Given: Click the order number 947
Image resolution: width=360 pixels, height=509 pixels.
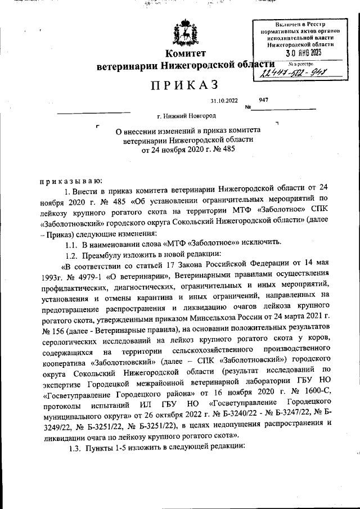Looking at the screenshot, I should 264,100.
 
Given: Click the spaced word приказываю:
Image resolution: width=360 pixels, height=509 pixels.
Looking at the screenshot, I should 70,181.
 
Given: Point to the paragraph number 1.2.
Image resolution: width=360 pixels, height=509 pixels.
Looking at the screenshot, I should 71,254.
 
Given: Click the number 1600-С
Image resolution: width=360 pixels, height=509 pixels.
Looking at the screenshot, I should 314,393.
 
